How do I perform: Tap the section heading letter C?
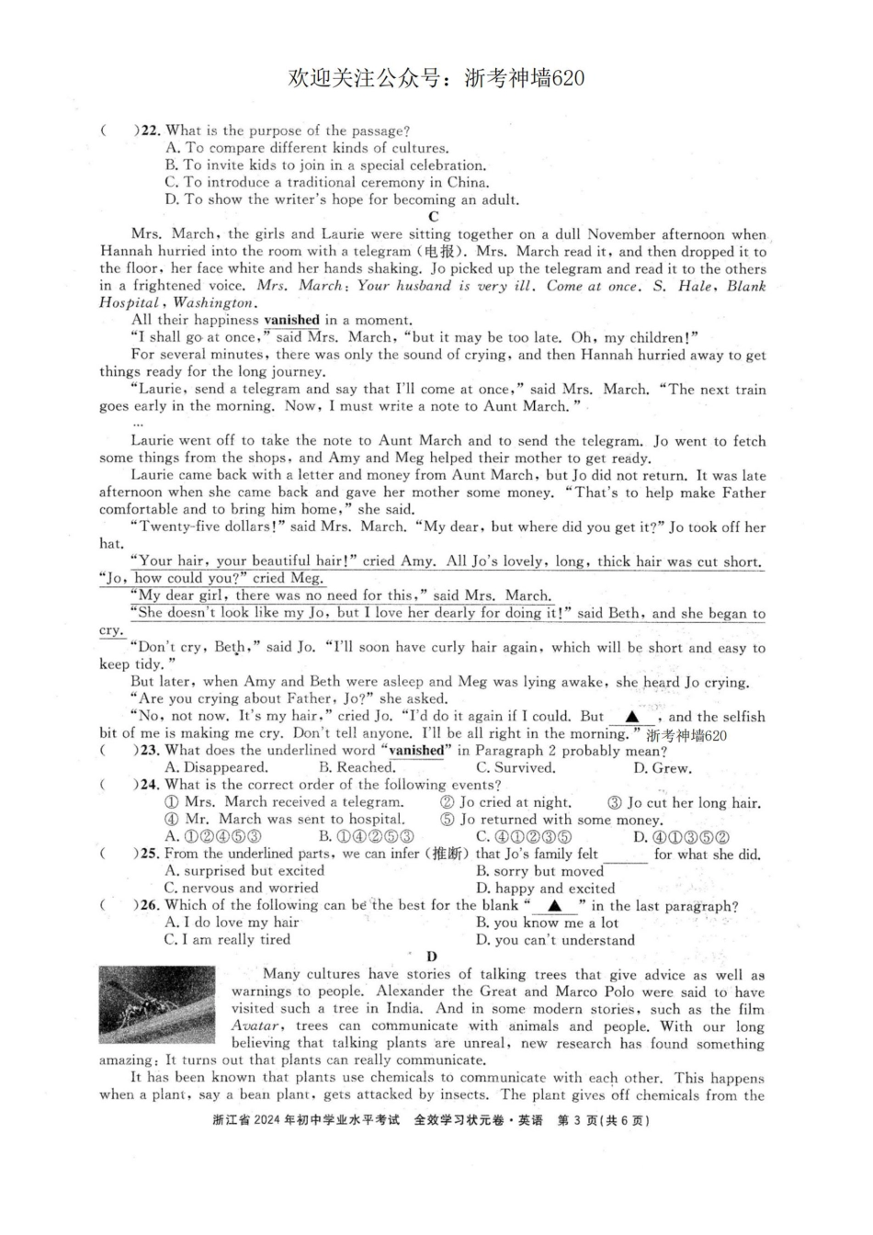[434, 217]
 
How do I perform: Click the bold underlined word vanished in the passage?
[291, 320]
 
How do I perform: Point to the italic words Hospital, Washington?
[176, 302]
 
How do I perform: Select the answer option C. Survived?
[516, 767]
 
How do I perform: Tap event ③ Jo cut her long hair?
[684, 802]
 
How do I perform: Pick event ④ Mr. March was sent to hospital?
[285, 819]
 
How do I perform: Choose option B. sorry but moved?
[539, 870]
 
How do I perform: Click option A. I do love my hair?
[232, 923]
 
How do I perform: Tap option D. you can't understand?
[555, 939]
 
